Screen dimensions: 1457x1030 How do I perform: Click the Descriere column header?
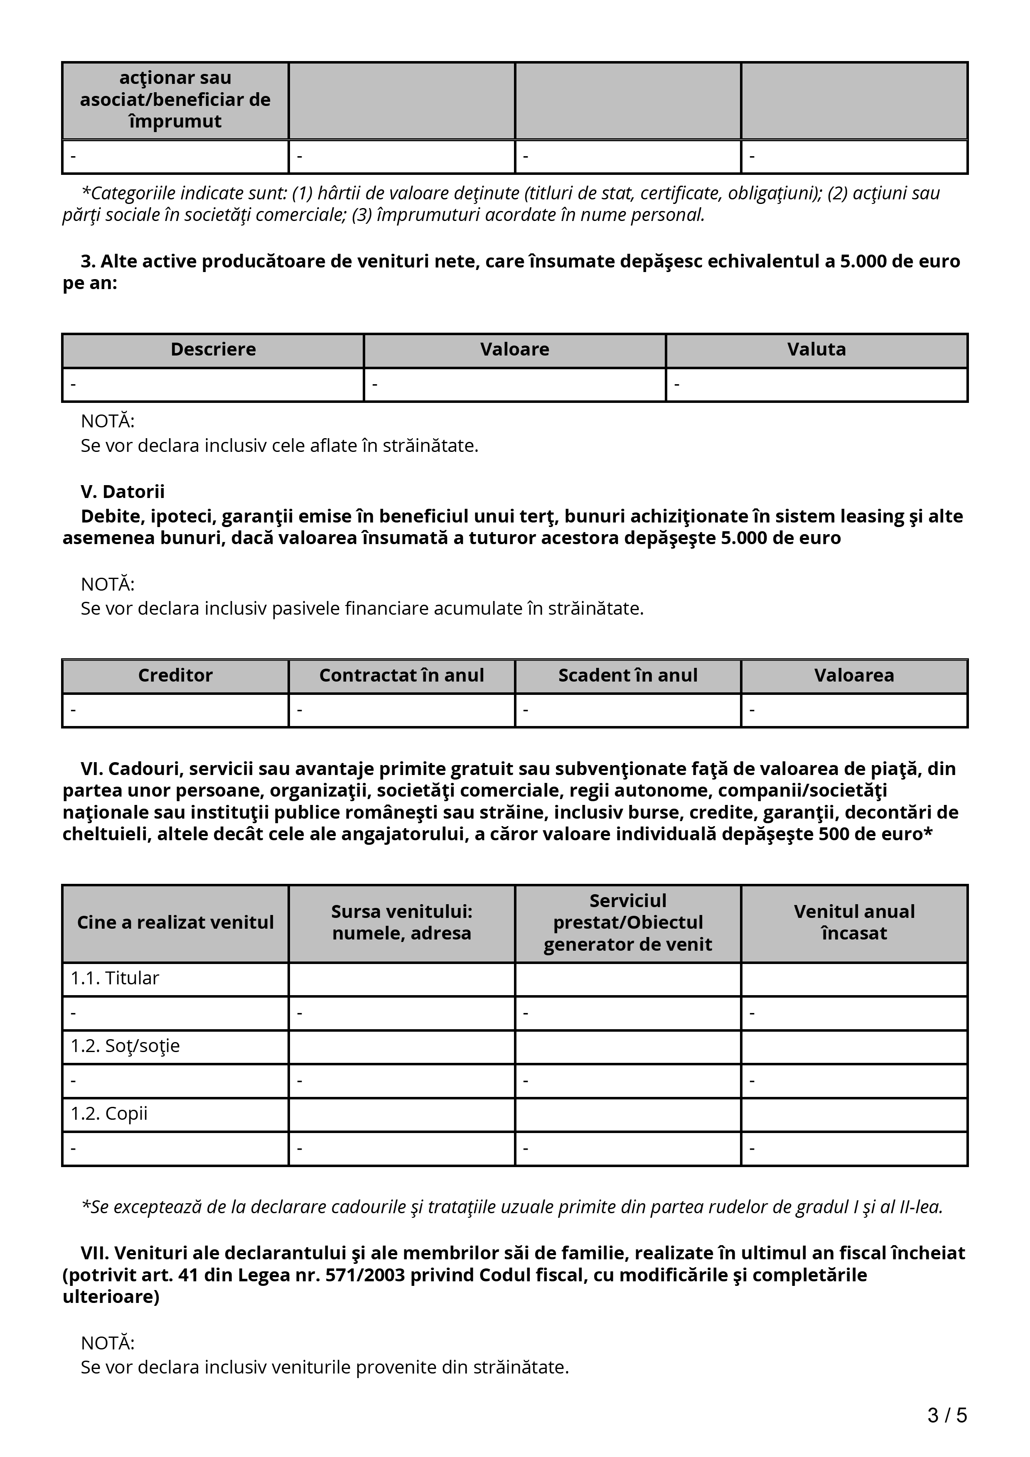click(213, 350)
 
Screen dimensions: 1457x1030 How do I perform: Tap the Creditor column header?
click(175, 675)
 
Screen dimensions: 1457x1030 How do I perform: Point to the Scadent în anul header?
click(628, 675)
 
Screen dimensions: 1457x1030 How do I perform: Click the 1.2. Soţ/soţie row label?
click(125, 1046)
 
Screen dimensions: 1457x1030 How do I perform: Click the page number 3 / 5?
click(947, 1415)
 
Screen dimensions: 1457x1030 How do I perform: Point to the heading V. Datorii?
click(123, 492)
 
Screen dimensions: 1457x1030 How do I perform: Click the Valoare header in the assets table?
click(515, 350)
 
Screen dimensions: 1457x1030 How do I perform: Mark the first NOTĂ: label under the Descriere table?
click(108, 422)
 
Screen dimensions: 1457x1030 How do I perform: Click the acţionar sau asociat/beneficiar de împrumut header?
click(175, 100)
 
